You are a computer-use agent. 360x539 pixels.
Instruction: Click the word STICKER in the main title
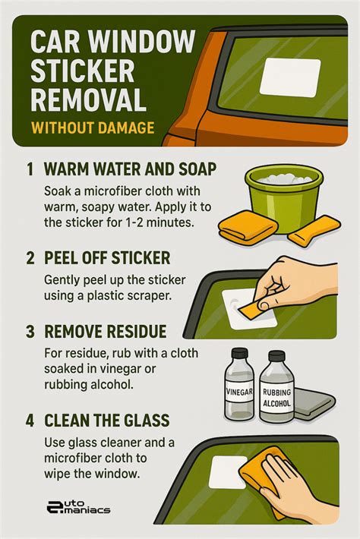pos(83,71)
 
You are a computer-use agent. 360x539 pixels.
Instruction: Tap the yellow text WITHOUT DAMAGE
pos(93,128)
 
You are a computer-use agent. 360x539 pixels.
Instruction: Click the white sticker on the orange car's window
pos(290,77)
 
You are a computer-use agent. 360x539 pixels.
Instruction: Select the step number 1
pos(30,169)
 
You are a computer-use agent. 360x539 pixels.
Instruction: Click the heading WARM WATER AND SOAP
pos(131,169)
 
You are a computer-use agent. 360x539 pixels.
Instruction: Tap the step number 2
pos(30,258)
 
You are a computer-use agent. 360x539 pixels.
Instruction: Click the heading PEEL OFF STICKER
pos(107,258)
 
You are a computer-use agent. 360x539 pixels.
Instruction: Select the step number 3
pos(30,332)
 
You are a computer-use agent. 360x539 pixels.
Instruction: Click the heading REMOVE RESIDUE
pos(106,332)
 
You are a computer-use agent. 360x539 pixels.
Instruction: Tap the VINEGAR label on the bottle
pos(240,392)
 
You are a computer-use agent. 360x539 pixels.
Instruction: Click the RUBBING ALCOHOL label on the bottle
pos(276,397)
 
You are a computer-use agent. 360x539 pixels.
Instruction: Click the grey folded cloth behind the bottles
pos(314,404)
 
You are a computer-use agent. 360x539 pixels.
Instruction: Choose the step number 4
pos(30,421)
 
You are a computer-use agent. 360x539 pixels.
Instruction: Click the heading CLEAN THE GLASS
pos(107,421)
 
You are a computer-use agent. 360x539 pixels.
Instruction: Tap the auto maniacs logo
pos(78,506)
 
